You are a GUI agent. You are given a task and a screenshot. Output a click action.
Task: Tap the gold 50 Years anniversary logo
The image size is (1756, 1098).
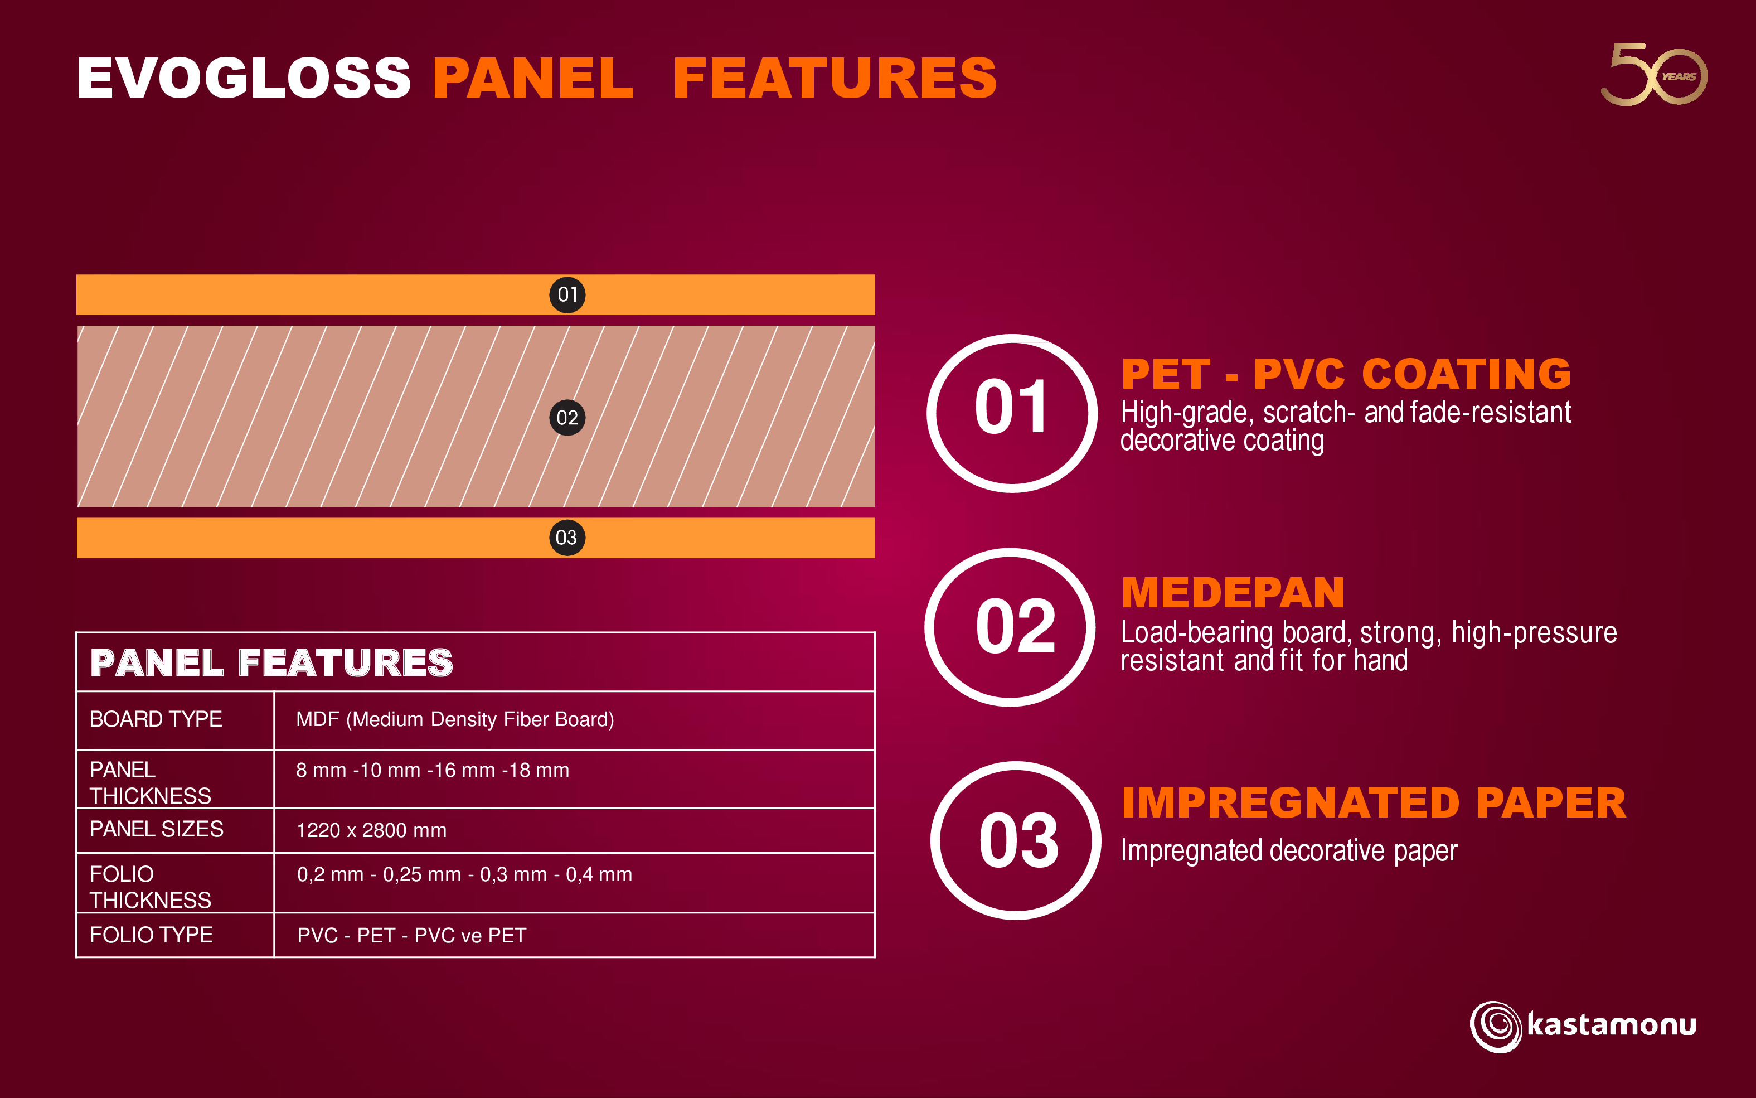[1653, 74]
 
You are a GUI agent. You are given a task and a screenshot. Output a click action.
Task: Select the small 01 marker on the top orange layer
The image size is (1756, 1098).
[567, 295]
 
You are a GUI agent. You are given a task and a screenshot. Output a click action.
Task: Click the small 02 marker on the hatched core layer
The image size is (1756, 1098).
[567, 418]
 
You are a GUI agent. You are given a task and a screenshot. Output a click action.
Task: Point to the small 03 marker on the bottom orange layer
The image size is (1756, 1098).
[567, 538]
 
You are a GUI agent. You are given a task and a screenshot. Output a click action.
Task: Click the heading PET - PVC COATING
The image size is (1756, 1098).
[1346, 374]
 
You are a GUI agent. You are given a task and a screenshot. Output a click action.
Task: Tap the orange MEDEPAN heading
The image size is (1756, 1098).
[1233, 593]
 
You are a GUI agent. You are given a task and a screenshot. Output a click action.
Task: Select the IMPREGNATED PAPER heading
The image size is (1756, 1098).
[1374, 802]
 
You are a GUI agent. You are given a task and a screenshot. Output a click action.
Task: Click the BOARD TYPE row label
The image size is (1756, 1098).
[156, 719]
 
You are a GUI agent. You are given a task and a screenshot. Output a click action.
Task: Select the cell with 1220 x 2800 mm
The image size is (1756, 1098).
[372, 830]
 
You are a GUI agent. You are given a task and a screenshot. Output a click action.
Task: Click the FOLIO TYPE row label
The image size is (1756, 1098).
[151, 935]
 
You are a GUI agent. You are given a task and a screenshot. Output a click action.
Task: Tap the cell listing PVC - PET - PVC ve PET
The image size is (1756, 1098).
[411, 935]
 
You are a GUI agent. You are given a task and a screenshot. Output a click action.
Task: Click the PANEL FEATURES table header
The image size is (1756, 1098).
[271, 662]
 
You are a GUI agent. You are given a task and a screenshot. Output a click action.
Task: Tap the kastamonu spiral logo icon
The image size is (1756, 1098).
[1496, 1026]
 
